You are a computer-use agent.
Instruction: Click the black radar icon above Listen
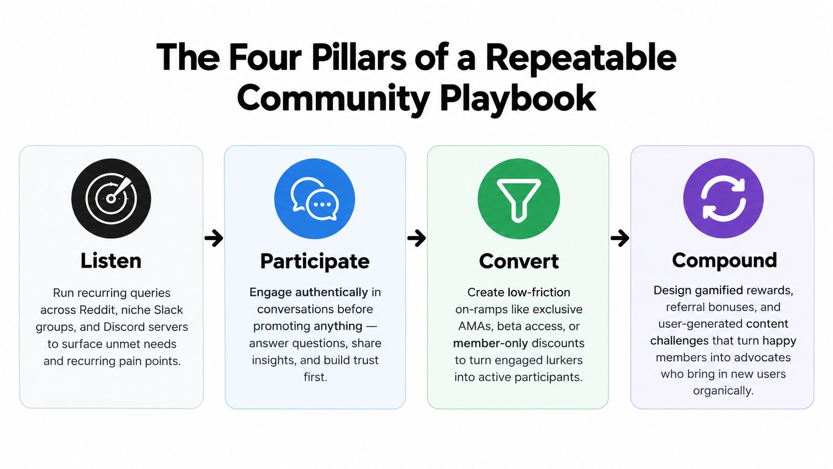point(111,198)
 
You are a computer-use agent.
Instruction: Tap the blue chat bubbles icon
point(314,198)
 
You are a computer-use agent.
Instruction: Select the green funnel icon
point(519,198)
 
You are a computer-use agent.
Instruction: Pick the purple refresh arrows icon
point(723,198)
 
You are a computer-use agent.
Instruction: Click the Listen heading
point(111,260)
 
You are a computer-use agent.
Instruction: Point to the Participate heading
point(314,261)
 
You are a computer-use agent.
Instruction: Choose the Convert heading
point(519,261)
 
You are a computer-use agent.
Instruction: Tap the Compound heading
point(724,260)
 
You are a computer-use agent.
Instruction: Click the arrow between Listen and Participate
point(214,238)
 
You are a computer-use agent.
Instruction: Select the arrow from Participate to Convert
point(416,238)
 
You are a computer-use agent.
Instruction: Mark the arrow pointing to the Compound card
point(620,238)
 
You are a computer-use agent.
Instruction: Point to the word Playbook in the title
point(518,99)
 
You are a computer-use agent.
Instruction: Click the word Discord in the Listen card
point(123,327)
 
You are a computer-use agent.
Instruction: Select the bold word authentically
point(332,293)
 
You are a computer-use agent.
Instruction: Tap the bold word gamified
point(719,291)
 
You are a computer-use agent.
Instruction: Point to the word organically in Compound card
point(723,391)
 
